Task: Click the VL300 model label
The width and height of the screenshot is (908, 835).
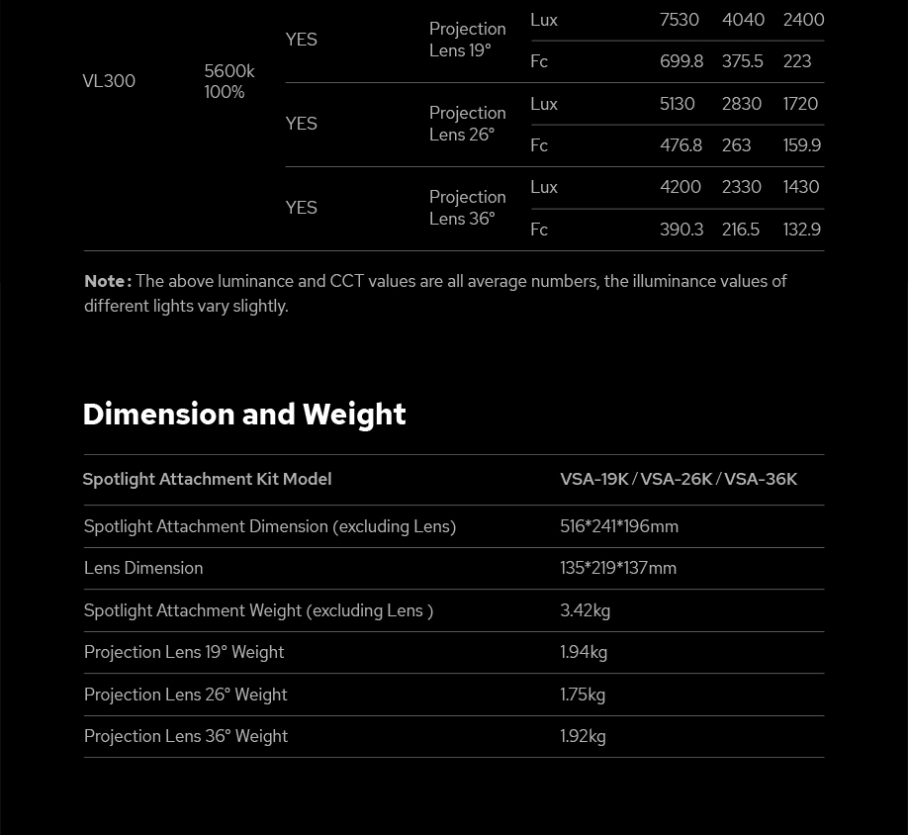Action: point(109,81)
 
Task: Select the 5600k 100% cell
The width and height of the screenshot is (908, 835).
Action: point(229,81)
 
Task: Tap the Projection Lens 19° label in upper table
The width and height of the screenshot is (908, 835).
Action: point(467,40)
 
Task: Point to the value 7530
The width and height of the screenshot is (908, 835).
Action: point(680,20)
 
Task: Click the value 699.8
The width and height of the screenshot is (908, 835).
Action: point(681,61)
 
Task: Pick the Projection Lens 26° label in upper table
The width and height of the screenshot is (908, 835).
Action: point(467,124)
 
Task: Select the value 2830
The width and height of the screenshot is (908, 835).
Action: point(742,104)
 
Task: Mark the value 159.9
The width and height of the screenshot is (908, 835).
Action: point(802,145)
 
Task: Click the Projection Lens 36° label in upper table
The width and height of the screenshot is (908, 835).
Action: point(467,208)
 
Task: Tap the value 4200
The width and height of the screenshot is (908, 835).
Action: point(681,187)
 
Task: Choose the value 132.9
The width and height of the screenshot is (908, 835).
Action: point(802,230)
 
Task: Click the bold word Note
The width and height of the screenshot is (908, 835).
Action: point(107,281)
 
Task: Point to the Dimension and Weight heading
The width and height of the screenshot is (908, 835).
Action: point(244,414)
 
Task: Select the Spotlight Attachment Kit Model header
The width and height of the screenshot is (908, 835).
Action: point(207,479)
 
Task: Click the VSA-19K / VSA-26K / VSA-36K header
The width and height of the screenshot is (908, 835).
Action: point(679,479)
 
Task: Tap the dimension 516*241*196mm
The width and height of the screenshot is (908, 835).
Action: point(619,526)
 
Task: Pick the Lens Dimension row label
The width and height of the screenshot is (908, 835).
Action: point(143,568)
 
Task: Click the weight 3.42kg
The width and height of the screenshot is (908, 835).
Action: point(586,610)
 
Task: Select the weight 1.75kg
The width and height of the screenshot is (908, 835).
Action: point(583,695)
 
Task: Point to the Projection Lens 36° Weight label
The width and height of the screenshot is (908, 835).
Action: point(186,736)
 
